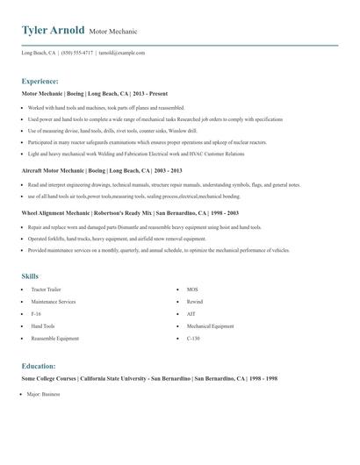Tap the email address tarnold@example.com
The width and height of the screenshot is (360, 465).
coord(122,53)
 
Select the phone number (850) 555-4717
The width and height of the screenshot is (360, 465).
coord(76,53)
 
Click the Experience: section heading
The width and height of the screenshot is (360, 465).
coord(40,81)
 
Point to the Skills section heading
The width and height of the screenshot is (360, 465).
coord(31,275)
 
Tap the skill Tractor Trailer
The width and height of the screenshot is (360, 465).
coord(47,289)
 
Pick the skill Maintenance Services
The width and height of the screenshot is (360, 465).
coord(54,301)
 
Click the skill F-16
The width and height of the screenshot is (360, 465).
coord(36,313)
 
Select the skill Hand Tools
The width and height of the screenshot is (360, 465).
coord(43,325)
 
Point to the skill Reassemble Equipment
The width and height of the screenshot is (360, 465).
coord(55,338)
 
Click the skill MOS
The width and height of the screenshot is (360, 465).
coord(193,289)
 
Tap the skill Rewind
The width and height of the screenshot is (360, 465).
coord(195,301)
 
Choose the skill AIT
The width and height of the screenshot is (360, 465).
coord(191,313)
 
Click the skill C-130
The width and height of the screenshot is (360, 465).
coord(194,338)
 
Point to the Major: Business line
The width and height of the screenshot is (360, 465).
coord(43,395)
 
